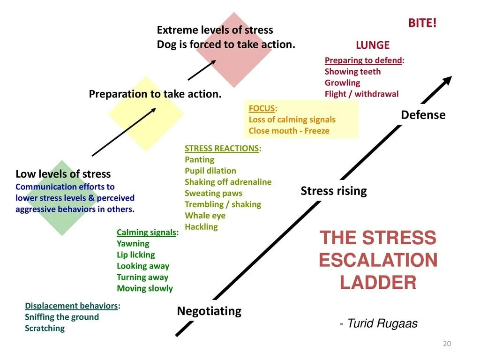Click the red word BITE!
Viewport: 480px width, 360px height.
coord(422,23)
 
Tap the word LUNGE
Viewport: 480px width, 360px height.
coord(373,45)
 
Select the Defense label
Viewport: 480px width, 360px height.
coord(423,115)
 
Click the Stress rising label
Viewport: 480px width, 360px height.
coord(333,191)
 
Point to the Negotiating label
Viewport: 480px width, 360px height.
coord(209,311)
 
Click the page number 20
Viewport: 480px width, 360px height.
coord(447,344)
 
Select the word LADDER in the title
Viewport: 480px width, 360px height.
coord(378,282)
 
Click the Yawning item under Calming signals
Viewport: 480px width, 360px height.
coord(133,244)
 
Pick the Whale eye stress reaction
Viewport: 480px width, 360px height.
coord(205,216)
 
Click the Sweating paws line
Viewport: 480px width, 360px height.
coord(213,193)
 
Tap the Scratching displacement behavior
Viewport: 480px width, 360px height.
coord(45,328)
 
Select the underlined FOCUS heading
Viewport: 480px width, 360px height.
coord(262,108)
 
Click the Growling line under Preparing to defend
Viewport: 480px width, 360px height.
coord(342,83)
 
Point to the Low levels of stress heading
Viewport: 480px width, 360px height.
coord(63,174)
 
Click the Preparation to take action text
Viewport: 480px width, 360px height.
coord(155,94)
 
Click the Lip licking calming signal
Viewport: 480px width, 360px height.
coord(135,255)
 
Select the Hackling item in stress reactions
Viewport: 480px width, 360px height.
coord(201,227)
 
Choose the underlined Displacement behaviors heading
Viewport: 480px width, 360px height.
coord(71,306)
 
